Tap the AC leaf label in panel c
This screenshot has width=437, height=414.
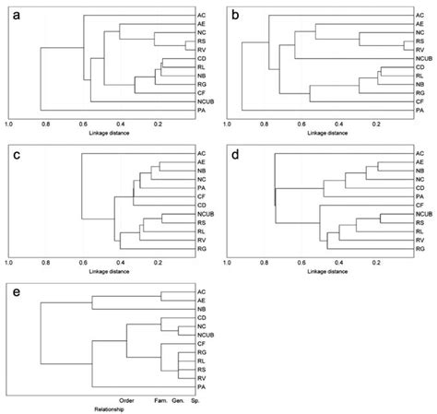coord(201,152)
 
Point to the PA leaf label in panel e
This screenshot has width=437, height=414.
coord(201,386)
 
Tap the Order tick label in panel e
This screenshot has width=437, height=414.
coord(127,399)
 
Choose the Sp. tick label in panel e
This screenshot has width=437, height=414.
coord(193,399)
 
